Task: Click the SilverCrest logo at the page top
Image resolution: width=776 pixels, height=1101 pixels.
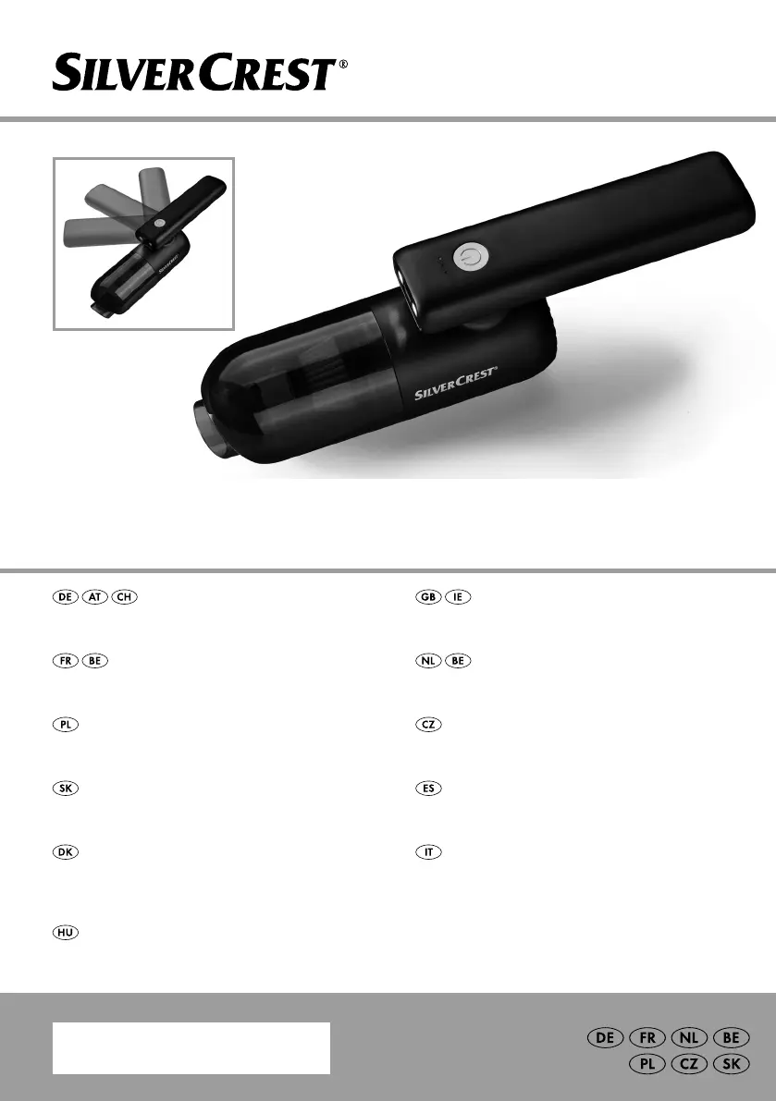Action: click(x=200, y=73)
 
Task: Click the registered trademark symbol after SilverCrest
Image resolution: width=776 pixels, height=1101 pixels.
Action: click(x=343, y=64)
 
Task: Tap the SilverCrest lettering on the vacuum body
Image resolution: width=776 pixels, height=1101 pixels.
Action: click(x=455, y=383)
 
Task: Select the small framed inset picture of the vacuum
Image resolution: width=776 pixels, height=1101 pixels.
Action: click(x=143, y=244)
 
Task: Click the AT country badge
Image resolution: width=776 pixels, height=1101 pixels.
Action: click(x=95, y=597)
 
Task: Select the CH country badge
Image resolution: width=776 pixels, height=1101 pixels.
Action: click(x=124, y=597)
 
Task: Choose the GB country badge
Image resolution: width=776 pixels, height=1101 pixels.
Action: click(x=428, y=597)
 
